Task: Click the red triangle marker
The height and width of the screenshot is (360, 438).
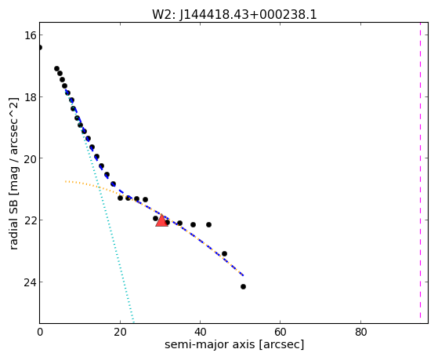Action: click(161, 220)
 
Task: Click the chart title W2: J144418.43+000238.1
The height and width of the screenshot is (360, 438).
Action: click(234, 15)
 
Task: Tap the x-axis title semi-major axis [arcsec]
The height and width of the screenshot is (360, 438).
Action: click(234, 344)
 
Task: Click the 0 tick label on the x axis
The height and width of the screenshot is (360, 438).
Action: click(40, 333)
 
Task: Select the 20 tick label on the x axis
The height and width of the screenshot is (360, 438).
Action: click(120, 333)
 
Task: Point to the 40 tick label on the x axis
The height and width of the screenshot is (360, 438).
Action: click(200, 333)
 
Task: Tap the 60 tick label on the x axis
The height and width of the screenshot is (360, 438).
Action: click(281, 333)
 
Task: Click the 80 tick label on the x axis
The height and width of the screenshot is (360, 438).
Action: click(360, 333)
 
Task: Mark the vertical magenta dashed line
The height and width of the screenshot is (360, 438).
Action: click(421, 173)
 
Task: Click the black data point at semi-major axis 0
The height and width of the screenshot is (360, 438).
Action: click(40, 47)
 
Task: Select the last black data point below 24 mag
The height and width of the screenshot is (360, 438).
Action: click(244, 287)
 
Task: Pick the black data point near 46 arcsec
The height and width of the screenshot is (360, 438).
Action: click(224, 253)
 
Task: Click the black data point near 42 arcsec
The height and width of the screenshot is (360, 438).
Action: click(208, 224)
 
